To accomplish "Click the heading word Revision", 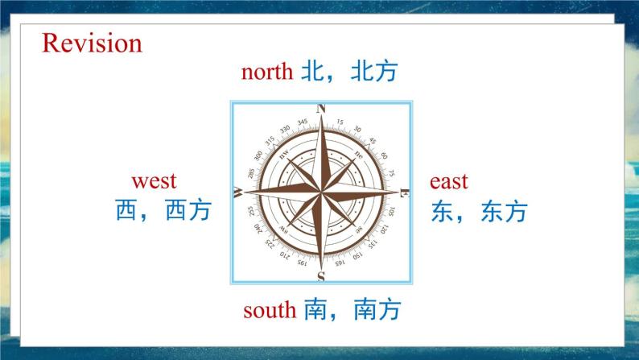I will (92, 42).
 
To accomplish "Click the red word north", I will (266, 72).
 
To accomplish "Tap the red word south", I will (269, 309).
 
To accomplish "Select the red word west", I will (154, 180).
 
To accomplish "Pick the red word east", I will (448, 181).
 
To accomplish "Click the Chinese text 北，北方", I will (350, 72).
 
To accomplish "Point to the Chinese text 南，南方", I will (352, 309).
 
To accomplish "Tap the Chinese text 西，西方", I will (163, 211).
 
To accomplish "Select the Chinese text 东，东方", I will (479, 211).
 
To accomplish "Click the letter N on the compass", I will (322, 109).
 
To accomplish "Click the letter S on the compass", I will (321, 277).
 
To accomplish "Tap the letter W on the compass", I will (238, 192).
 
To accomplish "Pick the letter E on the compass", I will (405, 192).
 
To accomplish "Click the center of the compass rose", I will (321, 192).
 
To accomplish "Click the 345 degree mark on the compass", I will (303, 122).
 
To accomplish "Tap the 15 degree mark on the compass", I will (340, 122).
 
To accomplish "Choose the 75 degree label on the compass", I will (392, 173).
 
